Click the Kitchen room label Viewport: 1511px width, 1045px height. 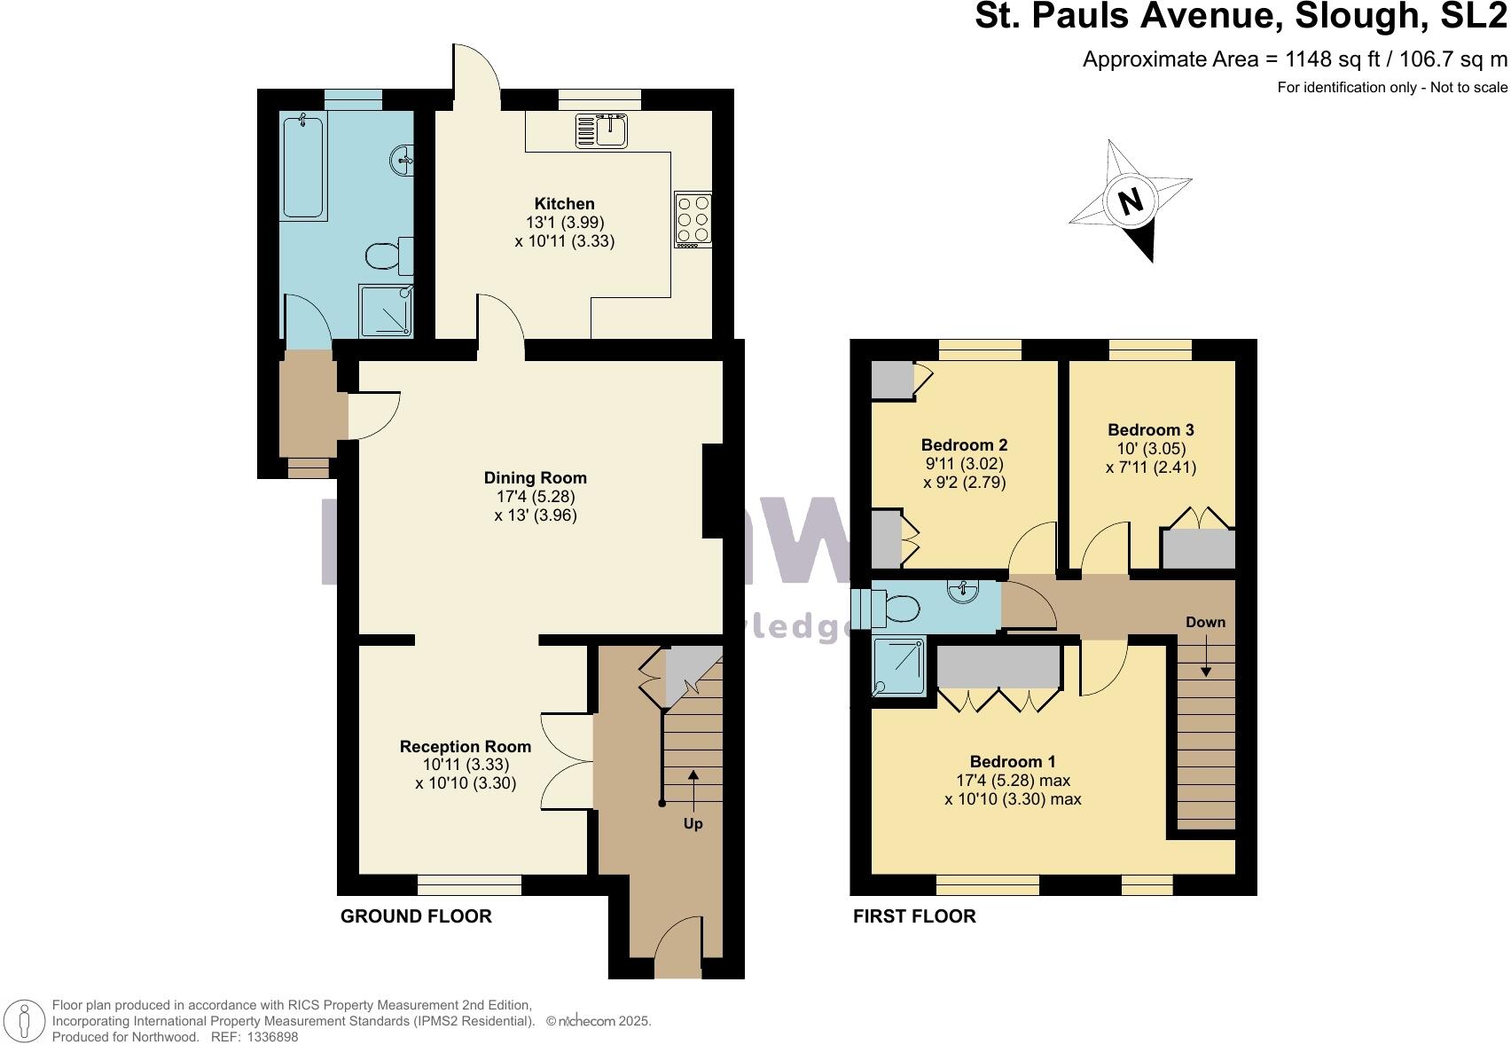pos(564,204)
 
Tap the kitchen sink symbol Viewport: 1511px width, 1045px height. pos(602,131)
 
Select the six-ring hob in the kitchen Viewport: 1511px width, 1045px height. pos(692,218)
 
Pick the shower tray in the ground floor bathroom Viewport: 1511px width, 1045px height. pos(386,310)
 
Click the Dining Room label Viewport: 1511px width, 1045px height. pos(536,478)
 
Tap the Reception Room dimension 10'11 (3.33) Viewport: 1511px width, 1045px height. pos(466,765)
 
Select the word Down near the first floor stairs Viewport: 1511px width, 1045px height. pos(1205,622)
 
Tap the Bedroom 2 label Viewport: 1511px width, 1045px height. pos(964,445)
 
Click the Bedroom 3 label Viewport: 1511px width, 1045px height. pos(1150,430)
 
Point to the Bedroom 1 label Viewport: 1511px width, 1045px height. pos(1012,762)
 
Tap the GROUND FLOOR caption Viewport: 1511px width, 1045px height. pos(416,916)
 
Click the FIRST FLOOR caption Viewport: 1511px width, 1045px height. pos(914,916)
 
